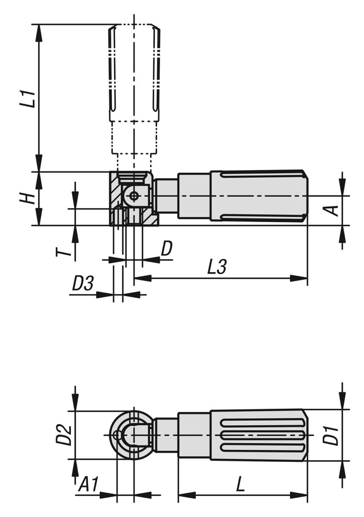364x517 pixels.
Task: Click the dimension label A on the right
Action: (x=334, y=210)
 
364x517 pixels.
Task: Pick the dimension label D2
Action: (x=63, y=435)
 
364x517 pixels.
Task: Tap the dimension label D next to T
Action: (x=167, y=249)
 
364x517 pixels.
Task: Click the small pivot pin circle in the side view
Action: (x=134, y=196)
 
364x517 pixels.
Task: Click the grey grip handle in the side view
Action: (x=258, y=196)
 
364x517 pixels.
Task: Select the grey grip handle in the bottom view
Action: (x=258, y=435)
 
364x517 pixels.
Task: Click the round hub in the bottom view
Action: (x=129, y=435)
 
